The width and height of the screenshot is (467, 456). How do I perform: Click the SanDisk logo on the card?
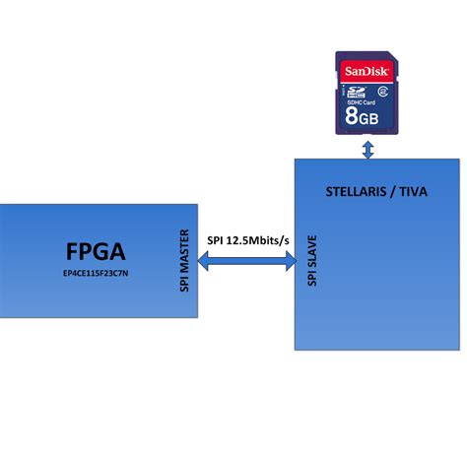[367, 71]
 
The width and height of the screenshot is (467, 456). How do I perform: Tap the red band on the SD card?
[367, 71]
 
